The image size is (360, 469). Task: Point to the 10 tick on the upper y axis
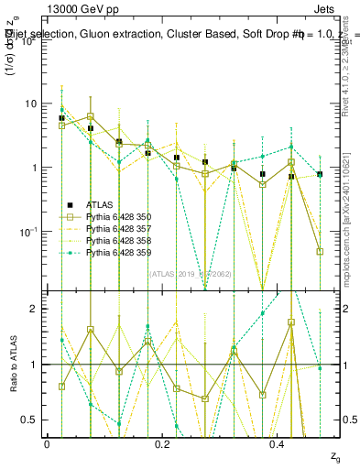32,104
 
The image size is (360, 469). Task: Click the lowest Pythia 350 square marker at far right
320,251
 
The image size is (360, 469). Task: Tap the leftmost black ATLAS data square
61,118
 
